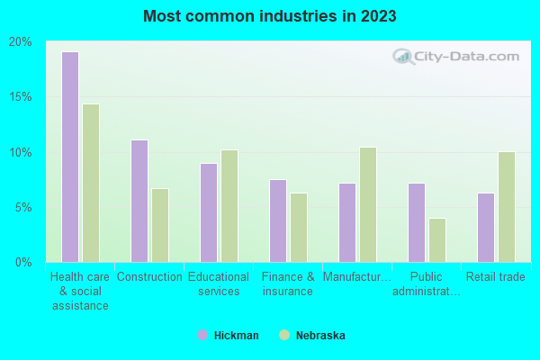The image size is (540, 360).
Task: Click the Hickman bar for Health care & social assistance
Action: [70, 157]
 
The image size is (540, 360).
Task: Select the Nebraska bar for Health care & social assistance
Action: [91, 183]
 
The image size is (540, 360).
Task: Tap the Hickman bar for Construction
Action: [139, 201]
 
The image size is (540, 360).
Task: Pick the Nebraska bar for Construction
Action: [160, 225]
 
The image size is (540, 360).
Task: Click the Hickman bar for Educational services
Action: [209, 212]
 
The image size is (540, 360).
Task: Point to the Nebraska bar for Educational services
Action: [229, 206]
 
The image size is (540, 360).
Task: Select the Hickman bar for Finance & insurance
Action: [278, 220]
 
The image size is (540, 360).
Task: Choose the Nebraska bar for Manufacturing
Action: [368, 204]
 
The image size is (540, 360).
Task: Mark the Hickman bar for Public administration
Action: [417, 222]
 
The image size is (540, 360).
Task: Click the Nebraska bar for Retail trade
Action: [507, 207]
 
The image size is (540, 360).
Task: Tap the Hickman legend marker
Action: [202, 335]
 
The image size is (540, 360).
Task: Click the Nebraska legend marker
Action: [285, 335]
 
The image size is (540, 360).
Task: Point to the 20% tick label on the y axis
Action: [21, 41]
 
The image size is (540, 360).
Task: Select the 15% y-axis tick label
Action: [21, 97]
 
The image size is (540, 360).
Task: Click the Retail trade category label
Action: [495, 277]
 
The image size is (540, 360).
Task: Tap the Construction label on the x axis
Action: [149, 277]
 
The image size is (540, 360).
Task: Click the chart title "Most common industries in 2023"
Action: [270, 16]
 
